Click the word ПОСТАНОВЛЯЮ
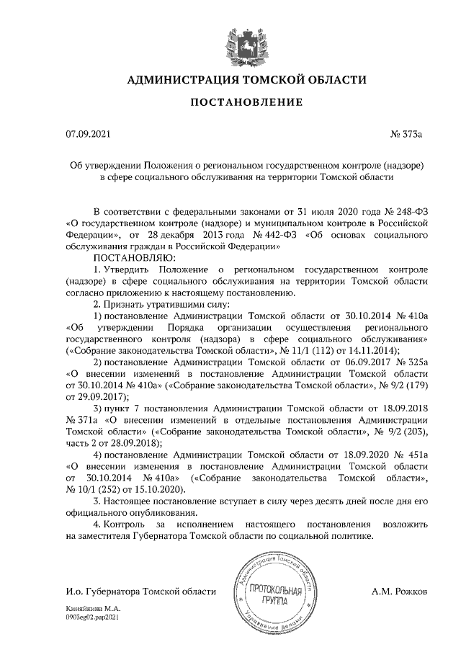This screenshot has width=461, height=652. pyautogui.click(x=134, y=256)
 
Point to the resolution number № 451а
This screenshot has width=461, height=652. pyautogui.click(x=411, y=454)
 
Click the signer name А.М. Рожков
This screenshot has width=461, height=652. pyautogui.click(x=400, y=591)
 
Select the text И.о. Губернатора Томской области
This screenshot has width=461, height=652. pyautogui.click(x=140, y=591)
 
